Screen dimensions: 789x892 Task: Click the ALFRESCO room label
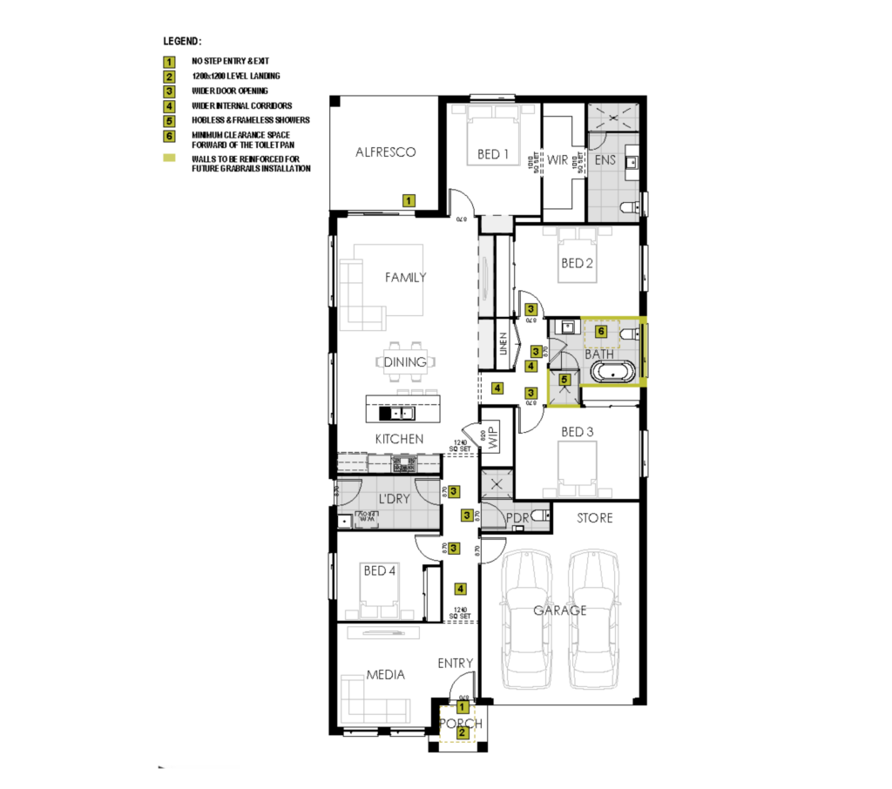(x=385, y=152)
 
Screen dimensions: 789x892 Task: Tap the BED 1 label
(x=493, y=155)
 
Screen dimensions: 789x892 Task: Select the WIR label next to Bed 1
(x=557, y=159)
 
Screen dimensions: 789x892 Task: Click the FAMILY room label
(x=406, y=278)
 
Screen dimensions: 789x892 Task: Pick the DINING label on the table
(x=405, y=361)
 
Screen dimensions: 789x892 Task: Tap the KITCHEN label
(x=399, y=439)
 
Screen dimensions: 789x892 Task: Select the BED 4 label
(x=380, y=570)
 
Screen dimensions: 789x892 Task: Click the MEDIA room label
(x=384, y=675)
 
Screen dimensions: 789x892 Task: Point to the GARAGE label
(x=560, y=610)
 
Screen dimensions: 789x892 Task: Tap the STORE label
(x=595, y=518)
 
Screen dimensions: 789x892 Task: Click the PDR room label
(x=517, y=519)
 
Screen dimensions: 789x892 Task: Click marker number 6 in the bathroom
(x=601, y=332)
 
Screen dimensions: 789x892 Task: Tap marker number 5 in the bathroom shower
(x=564, y=380)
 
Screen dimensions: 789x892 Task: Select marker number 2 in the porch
(x=463, y=733)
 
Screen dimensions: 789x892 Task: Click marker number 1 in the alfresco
(x=408, y=200)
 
